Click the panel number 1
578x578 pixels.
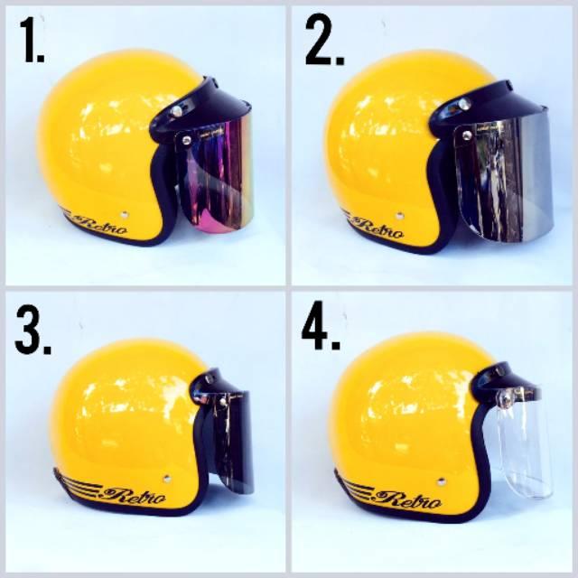(32, 41)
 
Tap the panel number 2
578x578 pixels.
(324, 40)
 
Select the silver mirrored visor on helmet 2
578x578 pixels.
(503, 181)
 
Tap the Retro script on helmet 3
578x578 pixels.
(135, 496)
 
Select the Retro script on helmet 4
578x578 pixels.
(410, 500)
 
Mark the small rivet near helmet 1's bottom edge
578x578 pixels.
(125, 214)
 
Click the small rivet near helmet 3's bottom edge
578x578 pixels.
(167, 478)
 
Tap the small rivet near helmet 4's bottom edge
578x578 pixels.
(441, 481)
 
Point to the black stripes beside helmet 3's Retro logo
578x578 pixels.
(79, 483)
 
